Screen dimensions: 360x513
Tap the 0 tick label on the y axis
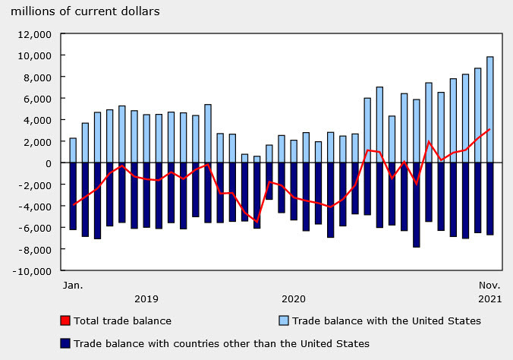48,163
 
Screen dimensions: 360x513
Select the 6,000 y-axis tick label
39,99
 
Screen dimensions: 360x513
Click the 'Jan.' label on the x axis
73,286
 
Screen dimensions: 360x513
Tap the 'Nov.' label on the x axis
489,286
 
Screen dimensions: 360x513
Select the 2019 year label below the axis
146,299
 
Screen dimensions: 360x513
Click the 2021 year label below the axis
489,299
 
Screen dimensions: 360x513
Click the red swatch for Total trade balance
65,321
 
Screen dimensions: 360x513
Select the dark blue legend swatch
65,343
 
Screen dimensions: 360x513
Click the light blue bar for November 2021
489,109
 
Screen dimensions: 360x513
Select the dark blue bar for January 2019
73,196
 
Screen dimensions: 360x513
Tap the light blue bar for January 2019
73,150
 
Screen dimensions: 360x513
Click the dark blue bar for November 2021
489,199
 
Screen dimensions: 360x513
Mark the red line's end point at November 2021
489,129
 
